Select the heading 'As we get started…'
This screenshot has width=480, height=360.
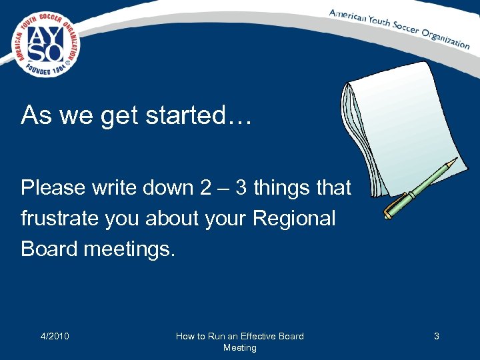click(x=137, y=116)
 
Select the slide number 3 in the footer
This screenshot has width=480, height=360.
click(x=437, y=336)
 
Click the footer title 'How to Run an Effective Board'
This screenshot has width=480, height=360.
click(x=239, y=336)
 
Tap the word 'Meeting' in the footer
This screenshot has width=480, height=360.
click(x=239, y=347)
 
